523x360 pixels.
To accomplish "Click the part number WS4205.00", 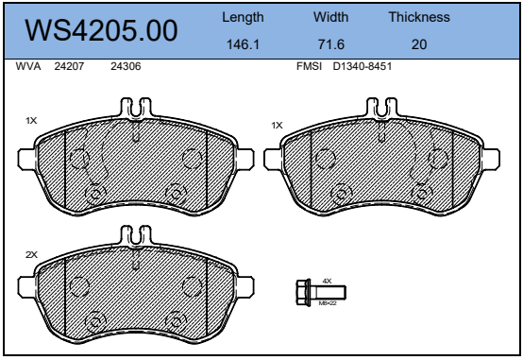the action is pyautogui.click(x=101, y=30).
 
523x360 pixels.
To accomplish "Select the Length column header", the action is pyautogui.click(x=243, y=17).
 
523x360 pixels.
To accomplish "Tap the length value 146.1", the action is pyautogui.click(x=243, y=44).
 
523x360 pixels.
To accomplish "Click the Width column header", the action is pyautogui.click(x=330, y=17).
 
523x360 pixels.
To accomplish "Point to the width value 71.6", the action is pyautogui.click(x=330, y=44).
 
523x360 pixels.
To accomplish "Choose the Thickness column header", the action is pyautogui.click(x=419, y=17).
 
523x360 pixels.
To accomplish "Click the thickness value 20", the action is pyautogui.click(x=419, y=44).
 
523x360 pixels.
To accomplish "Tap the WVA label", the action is pyautogui.click(x=28, y=66).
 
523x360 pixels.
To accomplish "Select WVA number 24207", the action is pyautogui.click(x=69, y=66).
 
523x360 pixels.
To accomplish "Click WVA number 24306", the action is pyautogui.click(x=126, y=66).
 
